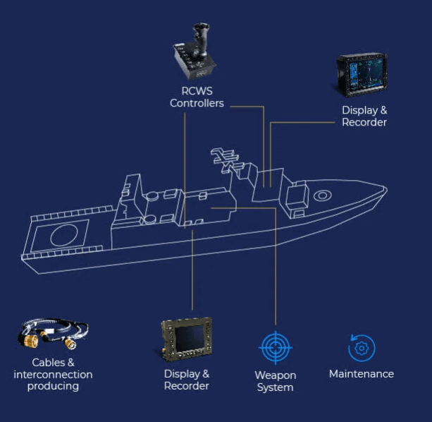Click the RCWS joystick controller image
195,54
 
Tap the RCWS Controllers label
197,97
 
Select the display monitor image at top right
361,75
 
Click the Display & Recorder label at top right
364,116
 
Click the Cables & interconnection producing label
53,374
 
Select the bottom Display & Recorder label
186,380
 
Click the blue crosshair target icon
275,347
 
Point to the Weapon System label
275,381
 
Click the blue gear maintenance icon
362,348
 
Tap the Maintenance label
362,374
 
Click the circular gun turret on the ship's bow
323,195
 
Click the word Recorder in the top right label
364,123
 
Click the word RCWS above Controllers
197,91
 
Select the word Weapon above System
275,375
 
